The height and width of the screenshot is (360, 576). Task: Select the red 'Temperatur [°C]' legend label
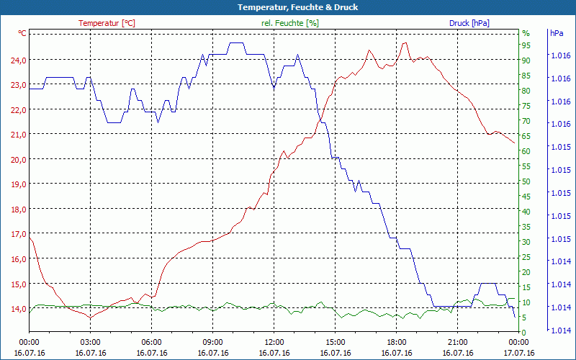click(x=107, y=23)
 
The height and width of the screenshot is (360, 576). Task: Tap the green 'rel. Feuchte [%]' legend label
click(x=290, y=23)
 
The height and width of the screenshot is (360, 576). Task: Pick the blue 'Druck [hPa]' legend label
click(x=469, y=23)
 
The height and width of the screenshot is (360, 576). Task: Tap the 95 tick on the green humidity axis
click(x=526, y=45)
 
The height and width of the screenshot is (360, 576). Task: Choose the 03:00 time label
click(x=90, y=342)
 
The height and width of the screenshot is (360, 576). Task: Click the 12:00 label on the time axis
click(x=274, y=342)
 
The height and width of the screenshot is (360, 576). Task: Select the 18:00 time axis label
click(x=396, y=342)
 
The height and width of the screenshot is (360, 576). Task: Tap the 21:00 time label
click(x=457, y=342)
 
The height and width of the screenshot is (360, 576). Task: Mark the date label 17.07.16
click(x=518, y=353)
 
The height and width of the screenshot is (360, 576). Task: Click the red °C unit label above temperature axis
click(x=22, y=33)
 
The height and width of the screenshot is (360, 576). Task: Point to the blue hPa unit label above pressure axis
click(x=557, y=33)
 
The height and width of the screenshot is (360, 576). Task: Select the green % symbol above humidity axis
click(x=526, y=33)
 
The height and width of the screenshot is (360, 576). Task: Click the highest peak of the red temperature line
click(x=405, y=43)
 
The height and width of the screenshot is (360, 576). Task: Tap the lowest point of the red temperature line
click(x=89, y=317)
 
